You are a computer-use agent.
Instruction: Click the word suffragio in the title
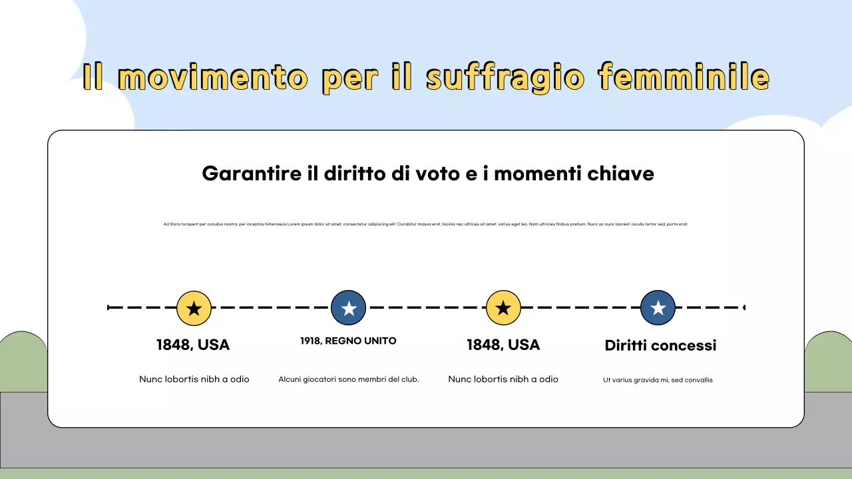pyautogui.click(x=505, y=79)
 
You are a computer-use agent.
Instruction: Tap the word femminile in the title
pyautogui.click(x=684, y=77)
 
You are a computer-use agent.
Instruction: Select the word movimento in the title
pyautogui.click(x=212, y=79)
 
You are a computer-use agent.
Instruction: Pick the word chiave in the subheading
pyautogui.click(x=621, y=174)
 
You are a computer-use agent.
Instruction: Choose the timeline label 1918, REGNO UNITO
pyautogui.click(x=348, y=341)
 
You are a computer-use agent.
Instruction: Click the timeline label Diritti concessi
pyautogui.click(x=660, y=345)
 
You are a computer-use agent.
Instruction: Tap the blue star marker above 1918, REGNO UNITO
pyautogui.click(x=349, y=308)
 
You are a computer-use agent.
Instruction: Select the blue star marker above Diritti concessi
pyautogui.click(x=658, y=308)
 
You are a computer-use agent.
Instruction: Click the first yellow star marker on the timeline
pyautogui.click(x=194, y=308)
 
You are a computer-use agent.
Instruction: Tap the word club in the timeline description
pyautogui.click(x=410, y=379)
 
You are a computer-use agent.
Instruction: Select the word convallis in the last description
pyautogui.click(x=698, y=380)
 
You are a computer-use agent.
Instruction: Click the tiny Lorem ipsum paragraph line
pyautogui.click(x=425, y=224)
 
